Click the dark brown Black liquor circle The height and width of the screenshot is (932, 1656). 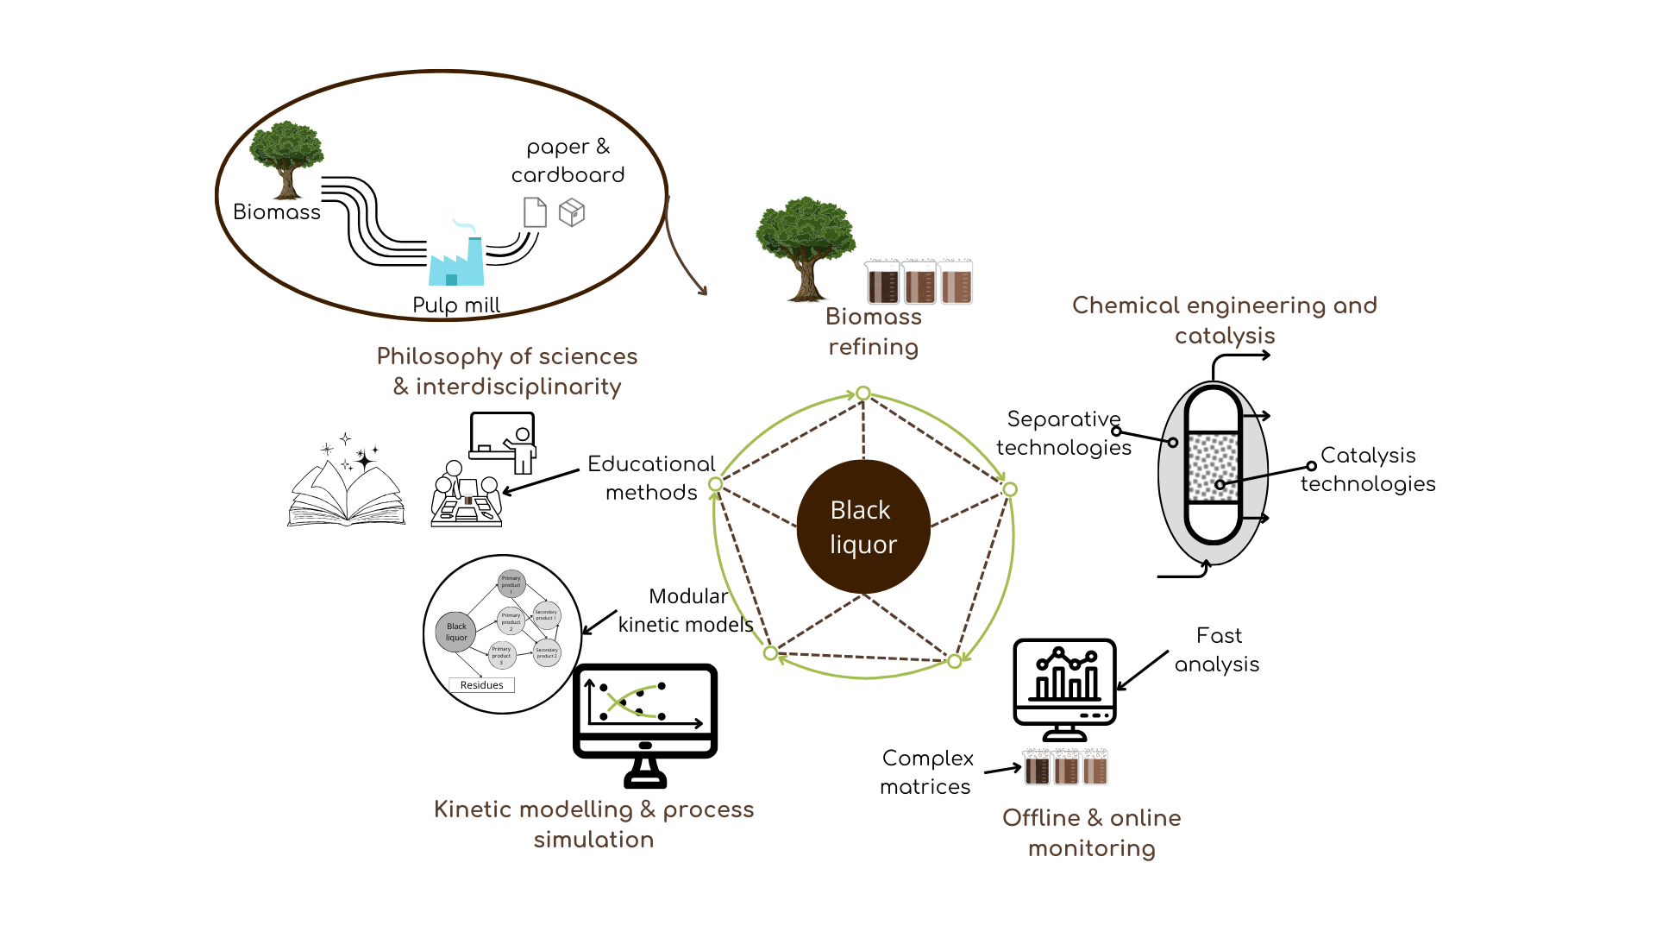tap(862, 526)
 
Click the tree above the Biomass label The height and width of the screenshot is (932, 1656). tap(286, 158)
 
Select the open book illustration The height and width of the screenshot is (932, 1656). tap(346, 488)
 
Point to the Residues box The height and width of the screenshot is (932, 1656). tap(481, 685)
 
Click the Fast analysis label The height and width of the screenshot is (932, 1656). tap(1217, 650)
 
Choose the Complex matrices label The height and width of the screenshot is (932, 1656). tap(926, 772)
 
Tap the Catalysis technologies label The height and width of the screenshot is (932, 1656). tap(1368, 469)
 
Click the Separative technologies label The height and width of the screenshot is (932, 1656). tap(1063, 433)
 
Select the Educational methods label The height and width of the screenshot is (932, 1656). tap(651, 478)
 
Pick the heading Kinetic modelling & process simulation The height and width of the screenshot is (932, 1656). tap(593, 824)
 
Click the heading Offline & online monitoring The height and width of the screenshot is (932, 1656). tap(1091, 833)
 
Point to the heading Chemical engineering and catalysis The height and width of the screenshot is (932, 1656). tap(1224, 320)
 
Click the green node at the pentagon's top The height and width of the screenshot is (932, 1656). tap(862, 394)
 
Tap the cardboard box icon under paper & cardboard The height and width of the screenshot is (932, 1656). tap(572, 212)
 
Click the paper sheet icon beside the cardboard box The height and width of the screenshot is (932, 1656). tap(535, 212)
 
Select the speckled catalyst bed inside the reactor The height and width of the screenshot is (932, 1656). tap(1213, 468)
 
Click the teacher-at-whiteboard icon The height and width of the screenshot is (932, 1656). tap(504, 442)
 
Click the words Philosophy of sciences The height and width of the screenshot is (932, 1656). tap(507, 356)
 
